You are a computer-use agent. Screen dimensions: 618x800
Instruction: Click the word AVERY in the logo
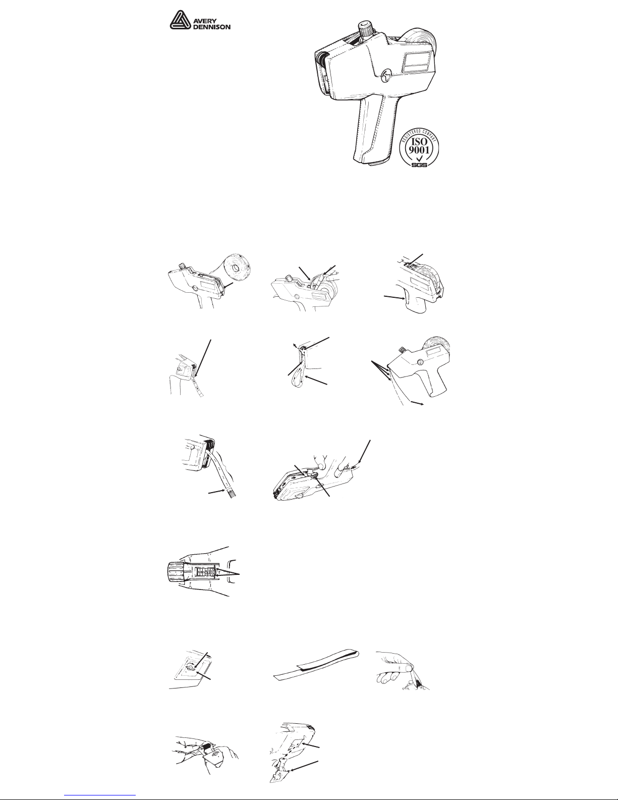pyautogui.click(x=205, y=21)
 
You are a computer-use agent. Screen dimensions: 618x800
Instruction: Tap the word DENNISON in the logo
pyautogui.click(x=212, y=27)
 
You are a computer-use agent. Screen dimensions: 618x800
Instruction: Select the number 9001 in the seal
pyautogui.click(x=419, y=150)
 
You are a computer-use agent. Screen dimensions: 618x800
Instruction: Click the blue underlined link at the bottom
pyautogui.click(x=100, y=796)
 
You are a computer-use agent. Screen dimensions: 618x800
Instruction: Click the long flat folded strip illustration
pyautogui.click(x=316, y=666)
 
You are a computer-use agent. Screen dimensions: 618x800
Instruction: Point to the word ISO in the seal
pyautogui.click(x=419, y=142)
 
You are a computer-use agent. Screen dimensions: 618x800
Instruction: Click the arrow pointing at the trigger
pyautogui.click(x=396, y=297)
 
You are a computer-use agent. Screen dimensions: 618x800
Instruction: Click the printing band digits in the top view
pyautogui.click(x=207, y=573)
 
